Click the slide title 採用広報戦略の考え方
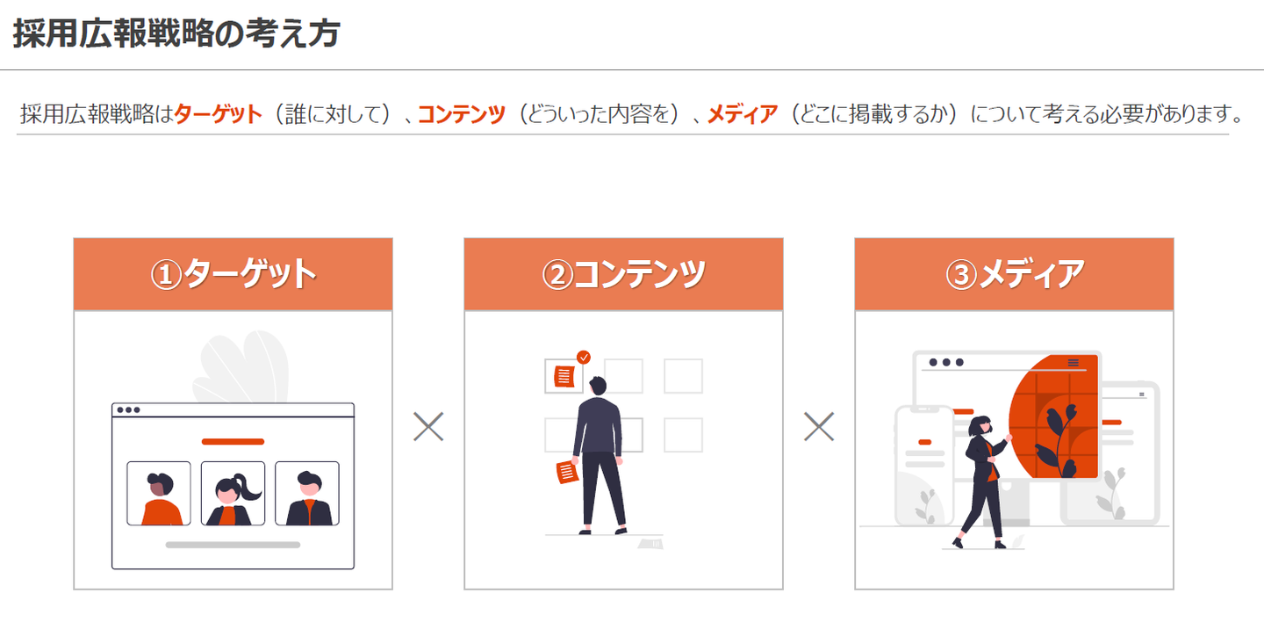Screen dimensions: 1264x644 pos(176,33)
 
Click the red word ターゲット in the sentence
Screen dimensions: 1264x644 pos(218,114)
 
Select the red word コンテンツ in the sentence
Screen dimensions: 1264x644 pos(462,114)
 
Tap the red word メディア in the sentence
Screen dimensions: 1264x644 pos(743,114)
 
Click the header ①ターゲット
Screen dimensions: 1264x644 pos(233,274)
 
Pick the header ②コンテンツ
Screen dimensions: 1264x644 pos(623,274)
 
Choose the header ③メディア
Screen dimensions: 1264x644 pos(1015,274)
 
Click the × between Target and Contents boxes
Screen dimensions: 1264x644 pos(428,426)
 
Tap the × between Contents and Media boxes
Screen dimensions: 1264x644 pos(819,426)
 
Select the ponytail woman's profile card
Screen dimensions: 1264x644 pos(233,494)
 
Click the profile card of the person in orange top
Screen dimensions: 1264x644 pos(159,494)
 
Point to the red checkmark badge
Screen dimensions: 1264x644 pos(584,357)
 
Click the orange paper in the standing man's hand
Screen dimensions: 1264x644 pos(567,473)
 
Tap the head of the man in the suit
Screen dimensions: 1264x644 pos(598,386)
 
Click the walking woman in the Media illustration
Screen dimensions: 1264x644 pos(983,481)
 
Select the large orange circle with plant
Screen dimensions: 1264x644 pos(1054,416)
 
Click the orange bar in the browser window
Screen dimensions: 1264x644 pos(233,442)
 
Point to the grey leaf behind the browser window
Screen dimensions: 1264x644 pos(241,366)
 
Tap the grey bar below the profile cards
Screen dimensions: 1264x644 pos(233,545)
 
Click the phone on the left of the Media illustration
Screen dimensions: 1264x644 pos(924,466)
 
